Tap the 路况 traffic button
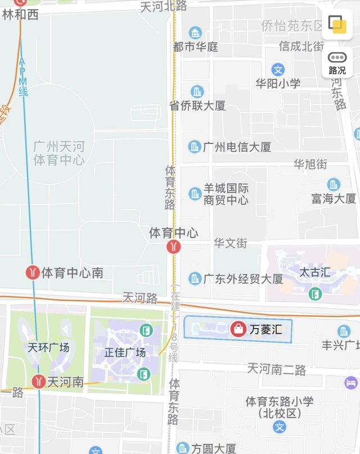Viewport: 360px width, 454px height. (x=337, y=62)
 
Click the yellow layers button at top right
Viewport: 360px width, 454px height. (x=337, y=24)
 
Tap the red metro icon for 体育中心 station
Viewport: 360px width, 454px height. (x=174, y=246)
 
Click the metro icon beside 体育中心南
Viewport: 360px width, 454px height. (x=33, y=273)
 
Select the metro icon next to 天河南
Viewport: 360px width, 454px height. (x=38, y=381)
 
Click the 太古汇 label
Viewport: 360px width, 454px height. (x=315, y=273)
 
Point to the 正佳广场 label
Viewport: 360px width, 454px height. (x=125, y=353)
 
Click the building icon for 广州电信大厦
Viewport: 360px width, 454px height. (x=195, y=147)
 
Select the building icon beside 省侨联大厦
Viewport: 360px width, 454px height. (x=197, y=91)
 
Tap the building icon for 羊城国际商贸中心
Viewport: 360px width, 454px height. (x=195, y=194)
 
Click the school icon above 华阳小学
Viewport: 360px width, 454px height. (x=278, y=69)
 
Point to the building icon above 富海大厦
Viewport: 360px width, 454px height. (x=334, y=185)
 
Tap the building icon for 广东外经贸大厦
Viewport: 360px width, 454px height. (x=195, y=278)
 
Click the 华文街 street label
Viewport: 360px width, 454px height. (x=230, y=244)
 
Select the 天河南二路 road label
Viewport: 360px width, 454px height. (x=277, y=370)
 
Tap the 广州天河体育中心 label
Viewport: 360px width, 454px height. (x=58, y=154)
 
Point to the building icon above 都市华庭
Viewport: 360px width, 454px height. (x=195, y=33)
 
